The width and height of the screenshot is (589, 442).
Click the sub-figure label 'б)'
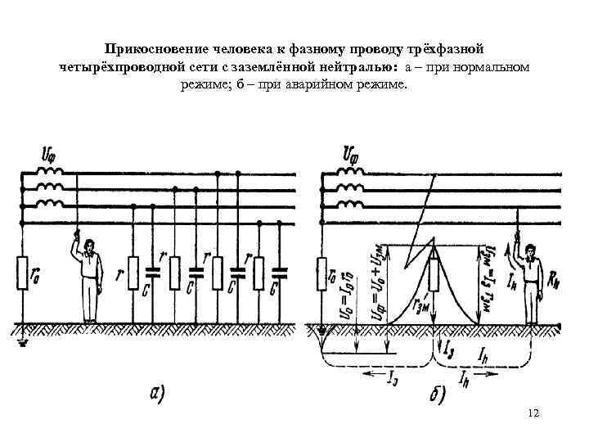point(433,396)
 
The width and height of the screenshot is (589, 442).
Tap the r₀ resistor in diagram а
point(23,275)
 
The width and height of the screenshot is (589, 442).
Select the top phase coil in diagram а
point(50,173)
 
